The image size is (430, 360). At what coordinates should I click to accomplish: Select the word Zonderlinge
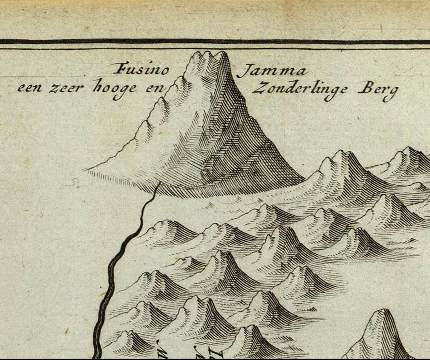pyautogui.click(x=300, y=89)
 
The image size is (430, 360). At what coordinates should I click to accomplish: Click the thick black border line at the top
pyautogui.click(x=215, y=42)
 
